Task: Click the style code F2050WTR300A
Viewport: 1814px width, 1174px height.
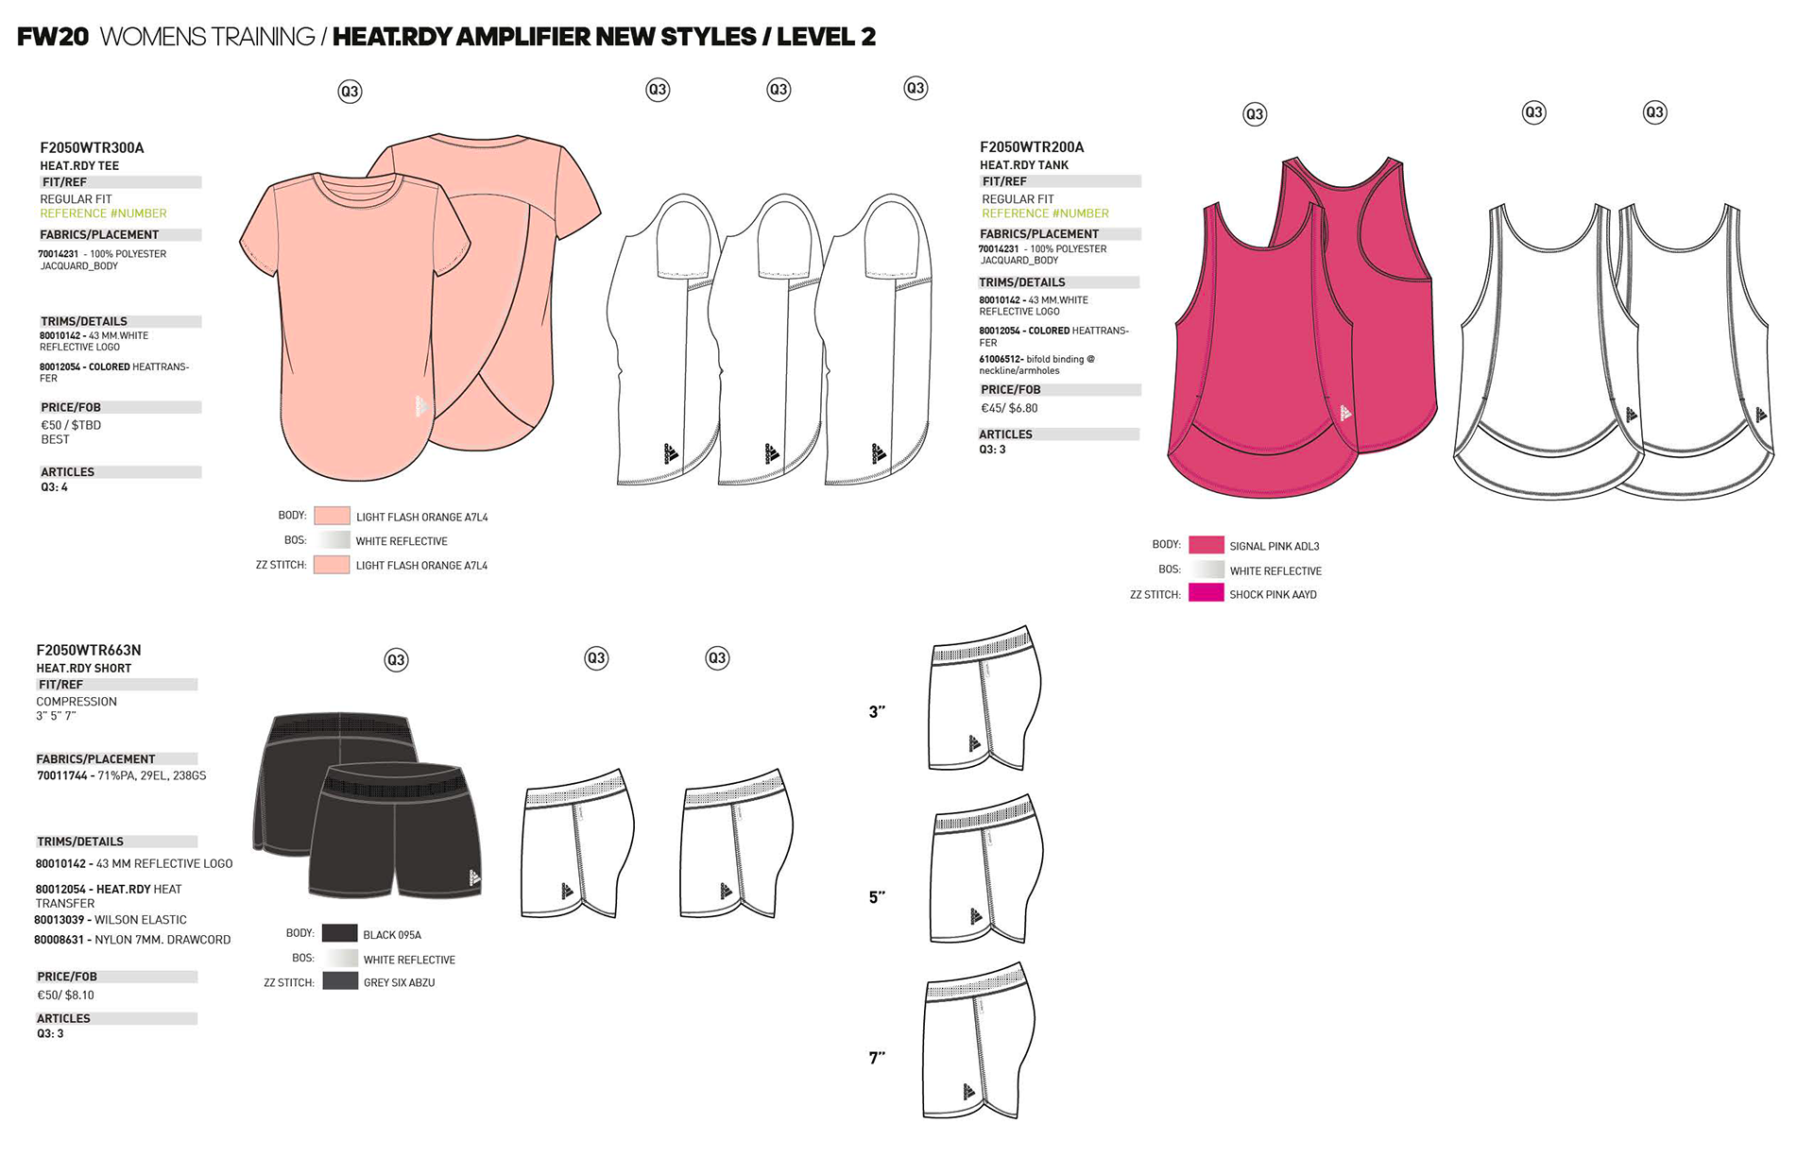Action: [x=92, y=147]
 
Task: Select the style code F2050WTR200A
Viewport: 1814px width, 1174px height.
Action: [x=1032, y=146]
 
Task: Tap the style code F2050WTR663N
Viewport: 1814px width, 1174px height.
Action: [x=89, y=650]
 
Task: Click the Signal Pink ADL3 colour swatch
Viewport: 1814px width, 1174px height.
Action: [x=1206, y=545]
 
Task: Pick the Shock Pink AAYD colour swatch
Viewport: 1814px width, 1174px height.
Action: [x=1206, y=593]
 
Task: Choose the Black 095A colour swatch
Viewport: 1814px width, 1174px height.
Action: [x=339, y=933]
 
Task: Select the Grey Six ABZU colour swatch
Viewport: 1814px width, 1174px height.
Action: [x=339, y=981]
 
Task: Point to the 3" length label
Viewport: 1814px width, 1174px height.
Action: [x=877, y=712]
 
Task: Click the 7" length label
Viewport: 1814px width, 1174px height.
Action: [x=877, y=1058]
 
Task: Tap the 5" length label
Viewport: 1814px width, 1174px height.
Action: [x=877, y=897]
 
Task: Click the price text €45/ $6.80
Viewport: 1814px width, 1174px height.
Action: [x=1009, y=408]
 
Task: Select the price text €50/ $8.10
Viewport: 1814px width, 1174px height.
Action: [x=65, y=995]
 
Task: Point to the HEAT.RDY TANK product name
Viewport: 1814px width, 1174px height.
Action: [x=1024, y=164]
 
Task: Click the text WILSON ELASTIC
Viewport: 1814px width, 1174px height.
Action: [x=141, y=919]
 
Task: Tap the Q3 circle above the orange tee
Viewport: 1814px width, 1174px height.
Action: [x=350, y=92]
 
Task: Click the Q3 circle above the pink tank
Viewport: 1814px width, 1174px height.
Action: [x=1254, y=114]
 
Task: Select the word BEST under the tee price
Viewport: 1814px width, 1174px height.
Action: [x=55, y=439]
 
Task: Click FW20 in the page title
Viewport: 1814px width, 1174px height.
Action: [x=53, y=37]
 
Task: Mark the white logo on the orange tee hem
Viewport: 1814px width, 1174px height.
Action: [x=421, y=407]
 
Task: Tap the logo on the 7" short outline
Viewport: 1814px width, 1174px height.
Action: [x=969, y=1092]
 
